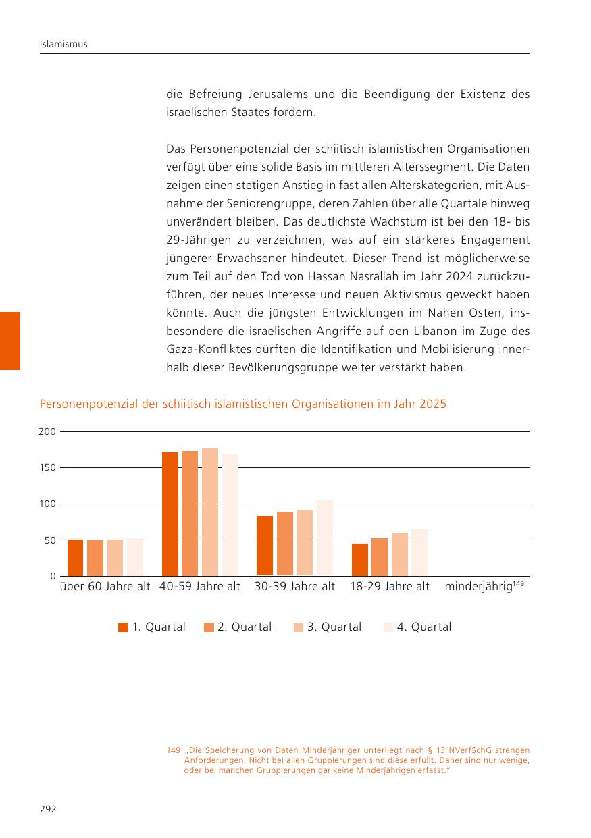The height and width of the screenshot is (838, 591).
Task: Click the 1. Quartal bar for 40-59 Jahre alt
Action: pos(170,514)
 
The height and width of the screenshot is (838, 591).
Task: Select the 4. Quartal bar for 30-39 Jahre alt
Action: pos(324,538)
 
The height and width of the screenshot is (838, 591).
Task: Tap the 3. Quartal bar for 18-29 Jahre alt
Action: pos(400,554)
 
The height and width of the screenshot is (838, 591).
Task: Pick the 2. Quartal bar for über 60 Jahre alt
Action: pos(95,558)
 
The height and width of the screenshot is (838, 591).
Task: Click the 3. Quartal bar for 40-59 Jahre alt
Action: pos(210,512)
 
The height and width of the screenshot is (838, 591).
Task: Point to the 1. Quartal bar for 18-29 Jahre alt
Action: pos(360,560)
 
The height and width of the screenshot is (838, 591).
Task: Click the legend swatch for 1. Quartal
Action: pos(123,627)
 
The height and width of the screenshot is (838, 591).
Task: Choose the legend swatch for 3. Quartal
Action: pos(299,627)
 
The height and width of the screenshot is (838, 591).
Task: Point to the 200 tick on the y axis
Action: pos(47,431)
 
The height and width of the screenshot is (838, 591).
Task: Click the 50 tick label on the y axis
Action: pos(50,540)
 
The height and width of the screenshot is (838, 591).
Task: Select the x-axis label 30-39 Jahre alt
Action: pos(294,586)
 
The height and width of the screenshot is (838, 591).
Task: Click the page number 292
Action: pos(48,809)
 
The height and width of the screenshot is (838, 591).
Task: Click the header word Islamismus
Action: pos(63,44)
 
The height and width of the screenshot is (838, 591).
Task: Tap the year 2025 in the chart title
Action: pos(433,404)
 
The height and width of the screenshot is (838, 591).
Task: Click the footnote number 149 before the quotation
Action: pos(174,750)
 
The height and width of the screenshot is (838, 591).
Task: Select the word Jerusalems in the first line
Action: pos(278,94)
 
